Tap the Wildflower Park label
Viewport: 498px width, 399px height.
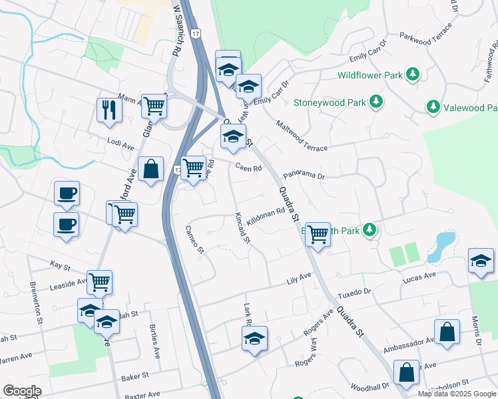[x=370, y=75]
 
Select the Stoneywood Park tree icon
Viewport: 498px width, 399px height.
[x=377, y=102]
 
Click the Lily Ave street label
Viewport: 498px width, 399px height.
[x=299, y=277]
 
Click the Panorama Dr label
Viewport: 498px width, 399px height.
[x=303, y=176]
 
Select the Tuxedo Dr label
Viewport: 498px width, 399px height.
[x=353, y=292]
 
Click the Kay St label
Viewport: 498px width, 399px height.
[x=60, y=265]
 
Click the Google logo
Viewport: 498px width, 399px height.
[x=22, y=391]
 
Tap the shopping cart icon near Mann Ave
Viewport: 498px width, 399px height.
[x=154, y=105]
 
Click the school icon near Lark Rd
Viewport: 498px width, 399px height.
[x=254, y=338]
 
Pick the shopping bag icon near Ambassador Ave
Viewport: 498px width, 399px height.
[x=447, y=332]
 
